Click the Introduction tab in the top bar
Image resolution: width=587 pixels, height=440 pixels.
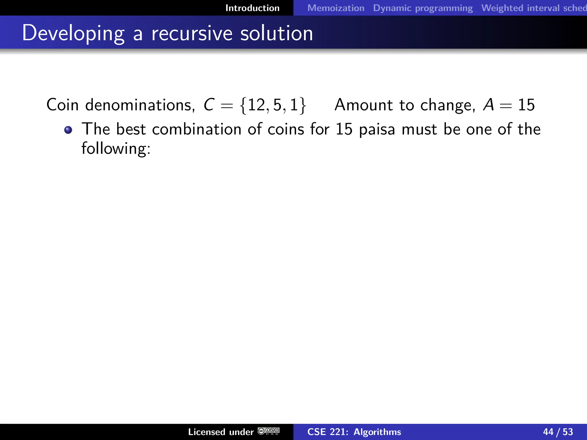click(252, 8)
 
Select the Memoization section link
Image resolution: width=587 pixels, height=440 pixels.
click(336, 8)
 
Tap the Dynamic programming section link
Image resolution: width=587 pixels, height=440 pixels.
click(423, 8)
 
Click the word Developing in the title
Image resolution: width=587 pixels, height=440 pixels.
click(73, 34)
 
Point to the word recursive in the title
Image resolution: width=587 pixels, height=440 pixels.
click(192, 33)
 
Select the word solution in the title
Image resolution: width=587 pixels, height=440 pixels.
click(276, 33)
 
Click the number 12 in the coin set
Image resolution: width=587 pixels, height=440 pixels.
click(256, 105)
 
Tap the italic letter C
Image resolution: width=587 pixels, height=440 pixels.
click(209, 105)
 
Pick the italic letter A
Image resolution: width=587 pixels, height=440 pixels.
click(488, 105)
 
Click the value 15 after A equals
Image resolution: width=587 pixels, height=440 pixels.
click(526, 105)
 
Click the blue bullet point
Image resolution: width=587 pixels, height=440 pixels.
click(68, 130)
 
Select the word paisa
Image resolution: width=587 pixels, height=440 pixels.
click(377, 129)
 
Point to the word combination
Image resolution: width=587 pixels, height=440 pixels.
click(197, 129)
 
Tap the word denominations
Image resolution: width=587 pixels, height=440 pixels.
click(140, 105)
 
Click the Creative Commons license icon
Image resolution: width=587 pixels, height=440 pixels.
click(269, 431)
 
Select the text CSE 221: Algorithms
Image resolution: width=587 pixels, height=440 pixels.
click(354, 432)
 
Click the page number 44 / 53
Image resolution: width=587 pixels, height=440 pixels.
click(558, 432)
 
